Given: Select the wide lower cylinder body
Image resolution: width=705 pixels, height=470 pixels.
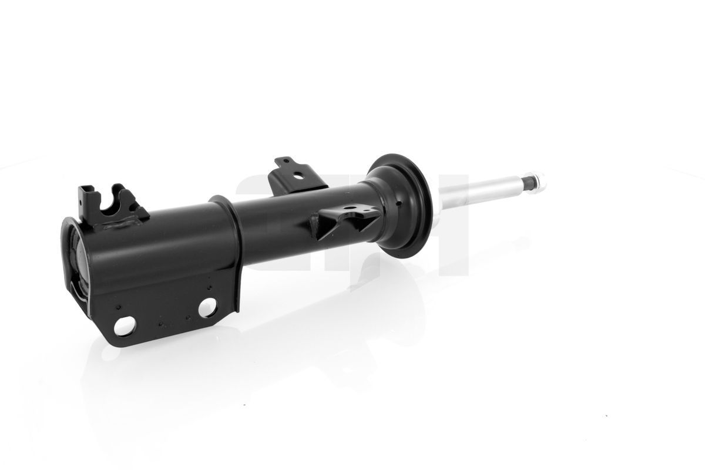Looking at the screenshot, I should click(159, 247).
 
